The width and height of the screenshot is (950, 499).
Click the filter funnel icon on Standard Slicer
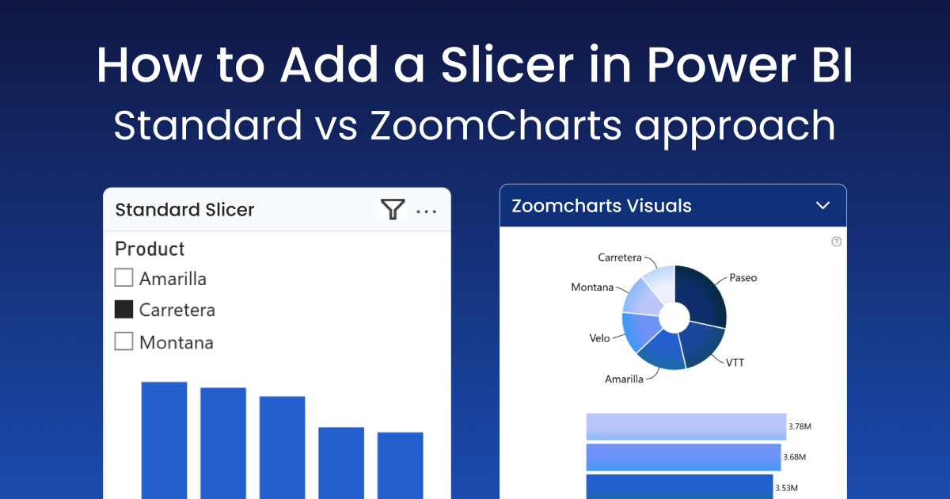click(x=393, y=209)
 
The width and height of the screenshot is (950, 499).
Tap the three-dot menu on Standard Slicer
click(x=427, y=211)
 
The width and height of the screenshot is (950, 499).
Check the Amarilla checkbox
click(x=123, y=277)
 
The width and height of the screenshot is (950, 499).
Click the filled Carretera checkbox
click(x=123, y=309)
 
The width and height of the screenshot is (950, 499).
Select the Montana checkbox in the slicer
click(x=123, y=341)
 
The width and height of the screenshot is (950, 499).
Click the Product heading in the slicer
click(x=150, y=249)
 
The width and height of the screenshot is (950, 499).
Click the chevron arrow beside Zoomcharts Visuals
click(x=823, y=206)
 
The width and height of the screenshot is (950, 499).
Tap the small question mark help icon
click(x=836, y=242)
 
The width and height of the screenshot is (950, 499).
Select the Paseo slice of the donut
click(x=703, y=297)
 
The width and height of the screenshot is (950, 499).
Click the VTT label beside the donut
click(x=735, y=363)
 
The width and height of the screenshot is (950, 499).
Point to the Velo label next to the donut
click(x=599, y=338)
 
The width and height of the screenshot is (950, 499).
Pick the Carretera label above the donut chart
click(x=620, y=258)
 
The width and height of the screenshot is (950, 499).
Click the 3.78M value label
click(x=800, y=427)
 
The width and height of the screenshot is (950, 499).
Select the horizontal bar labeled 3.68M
click(x=682, y=457)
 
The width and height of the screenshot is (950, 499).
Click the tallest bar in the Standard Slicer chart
click(x=164, y=440)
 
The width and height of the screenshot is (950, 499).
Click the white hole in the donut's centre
click(x=674, y=318)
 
